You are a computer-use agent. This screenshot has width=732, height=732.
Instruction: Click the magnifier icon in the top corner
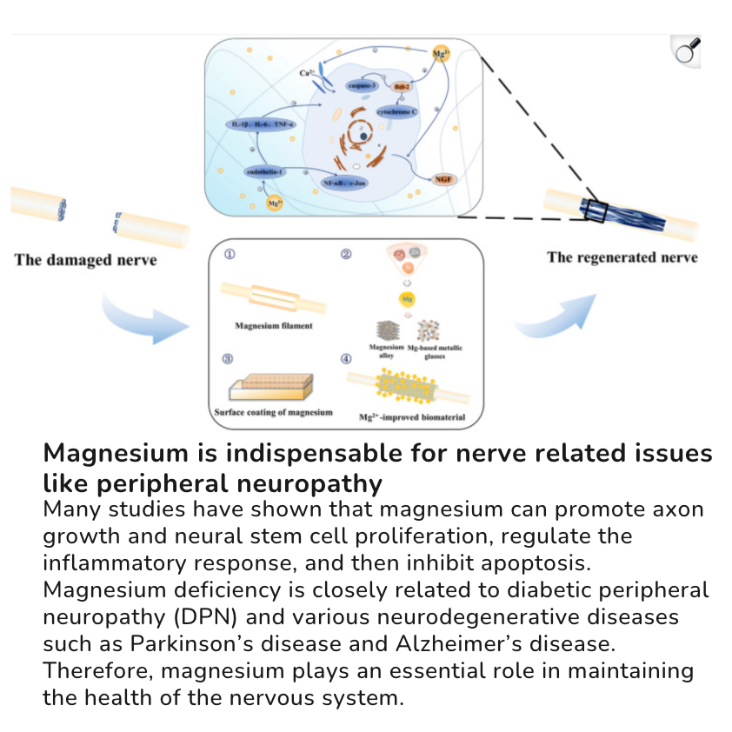coord(688,53)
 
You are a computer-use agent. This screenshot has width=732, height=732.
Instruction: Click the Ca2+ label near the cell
coord(306,73)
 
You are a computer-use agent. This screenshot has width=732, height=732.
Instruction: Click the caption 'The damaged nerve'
coord(85,260)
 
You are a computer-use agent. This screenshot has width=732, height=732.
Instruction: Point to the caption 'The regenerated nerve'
coord(622,257)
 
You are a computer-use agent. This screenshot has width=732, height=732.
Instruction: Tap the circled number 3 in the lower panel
coord(228,358)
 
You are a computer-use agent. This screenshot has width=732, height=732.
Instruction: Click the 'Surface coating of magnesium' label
coord(273,412)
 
